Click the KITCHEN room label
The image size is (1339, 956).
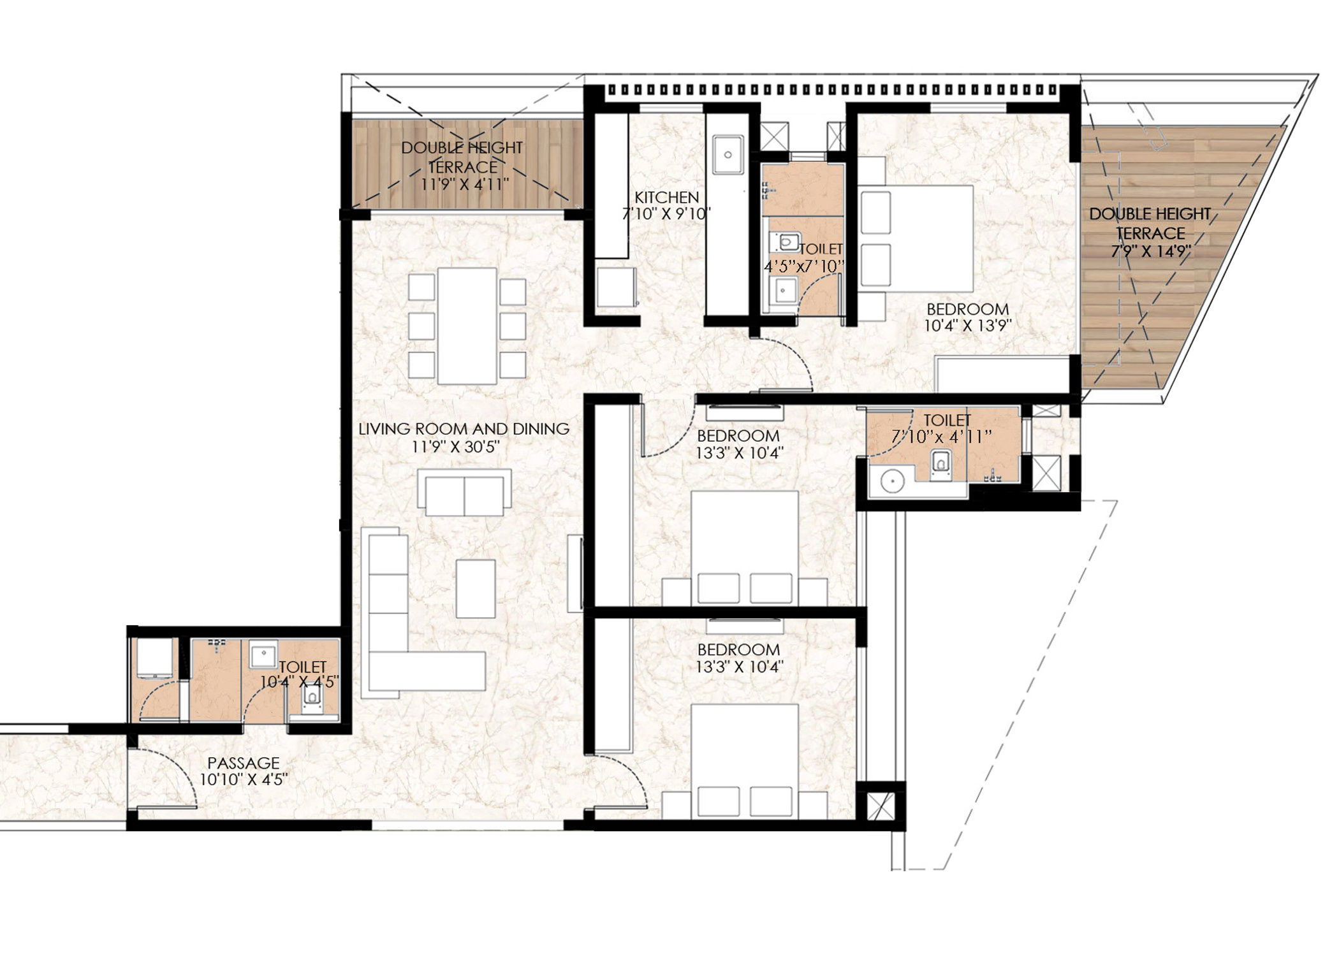[666, 197]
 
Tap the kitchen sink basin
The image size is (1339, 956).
[728, 154]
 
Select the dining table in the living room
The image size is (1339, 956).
[467, 326]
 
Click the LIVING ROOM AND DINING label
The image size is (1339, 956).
[464, 429]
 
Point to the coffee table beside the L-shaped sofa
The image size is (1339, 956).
[476, 588]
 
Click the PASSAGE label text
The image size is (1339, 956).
[244, 763]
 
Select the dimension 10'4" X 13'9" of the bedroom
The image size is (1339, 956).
[968, 326]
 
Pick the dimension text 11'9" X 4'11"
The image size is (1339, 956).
[464, 184]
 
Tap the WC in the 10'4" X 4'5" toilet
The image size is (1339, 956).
[312, 696]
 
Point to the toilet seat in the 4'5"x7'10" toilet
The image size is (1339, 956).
[788, 242]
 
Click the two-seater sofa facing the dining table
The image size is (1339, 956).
[464, 493]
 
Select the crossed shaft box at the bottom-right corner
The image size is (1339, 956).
[881, 807]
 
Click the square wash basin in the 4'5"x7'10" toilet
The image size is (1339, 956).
[783, 291]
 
